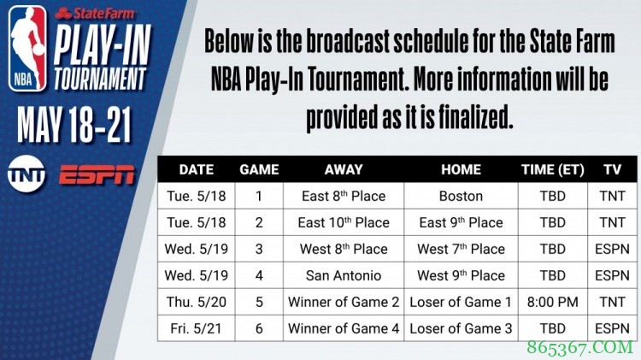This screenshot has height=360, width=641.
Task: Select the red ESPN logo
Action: point(97,174)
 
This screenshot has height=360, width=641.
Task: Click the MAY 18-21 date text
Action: point(75,127)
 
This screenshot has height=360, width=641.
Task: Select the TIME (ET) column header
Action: point(553,169)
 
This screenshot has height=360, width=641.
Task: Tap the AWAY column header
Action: point(344,169)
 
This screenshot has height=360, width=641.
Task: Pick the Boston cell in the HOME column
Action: point(461,196)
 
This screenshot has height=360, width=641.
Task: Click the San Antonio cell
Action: point(344,275)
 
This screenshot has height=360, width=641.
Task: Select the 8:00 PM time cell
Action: point(553,302)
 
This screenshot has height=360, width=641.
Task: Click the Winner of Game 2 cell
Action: point(344,302)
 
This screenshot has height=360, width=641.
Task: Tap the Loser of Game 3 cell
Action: point(461,328)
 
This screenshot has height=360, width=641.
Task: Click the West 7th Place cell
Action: point(461,249)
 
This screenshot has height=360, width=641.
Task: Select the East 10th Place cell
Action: point(344,222)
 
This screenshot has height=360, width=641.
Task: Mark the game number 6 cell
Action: point(259,328)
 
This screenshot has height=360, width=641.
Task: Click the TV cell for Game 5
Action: point(612,302)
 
